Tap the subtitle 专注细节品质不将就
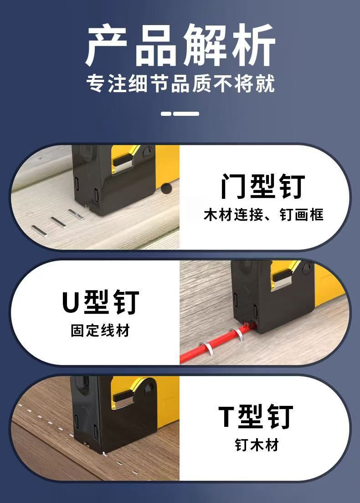(x=180, y=83)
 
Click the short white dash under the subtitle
(x=166, y=114)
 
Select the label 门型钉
(x=262, y=186)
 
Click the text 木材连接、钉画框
(x=263, y=215)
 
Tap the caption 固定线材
(x=100, y=331)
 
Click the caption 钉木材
(x=257, y=445)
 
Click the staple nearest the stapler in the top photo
(x=76, y=214)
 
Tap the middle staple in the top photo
(x=58, y=222)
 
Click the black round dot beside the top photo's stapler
(x=165, y=188)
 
